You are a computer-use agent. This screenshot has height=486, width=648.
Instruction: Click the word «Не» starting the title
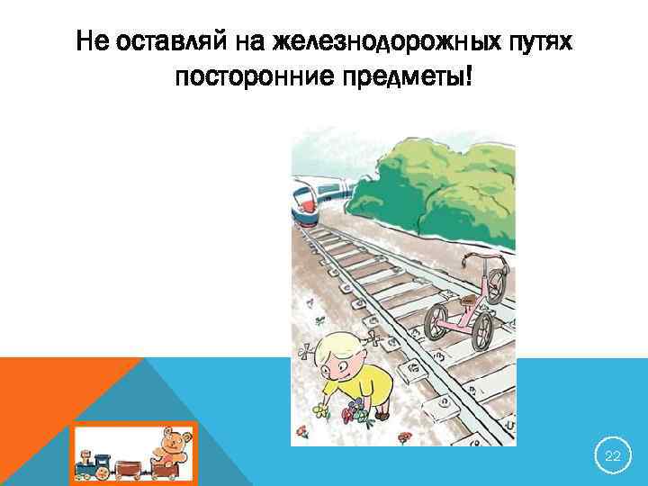pyautogui.click(x=91, y=41)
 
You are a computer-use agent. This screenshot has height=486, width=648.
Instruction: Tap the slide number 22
pyautogui.click(x=613, y=456)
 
